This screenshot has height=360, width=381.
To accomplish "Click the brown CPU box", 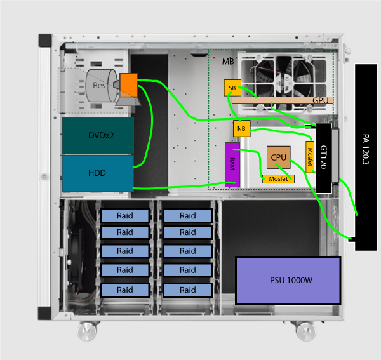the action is (x=279, y=157).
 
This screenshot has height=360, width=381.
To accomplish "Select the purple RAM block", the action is (x=232, y=164).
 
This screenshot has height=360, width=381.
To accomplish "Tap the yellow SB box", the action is (x=232, y=88).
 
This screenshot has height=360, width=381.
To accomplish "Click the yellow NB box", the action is (x=241, y=128).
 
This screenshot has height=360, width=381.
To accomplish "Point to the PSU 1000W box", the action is (x=288, y=281).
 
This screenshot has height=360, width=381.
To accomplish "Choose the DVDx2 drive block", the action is (x=98, y=136).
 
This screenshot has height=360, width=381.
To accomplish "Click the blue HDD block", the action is (x=98, y=173).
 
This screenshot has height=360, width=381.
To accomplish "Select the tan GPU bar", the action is (x=283, y=100).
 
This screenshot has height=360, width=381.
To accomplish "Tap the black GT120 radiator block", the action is (x=324, y=158).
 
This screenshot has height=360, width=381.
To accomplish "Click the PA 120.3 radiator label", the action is (x=366, y=149).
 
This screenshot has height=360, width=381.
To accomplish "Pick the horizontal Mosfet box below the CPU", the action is (x=278, y=179).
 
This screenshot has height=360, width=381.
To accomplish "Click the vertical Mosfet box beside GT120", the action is (x=310, y=157).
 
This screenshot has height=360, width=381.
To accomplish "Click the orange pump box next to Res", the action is (x=128, y=85).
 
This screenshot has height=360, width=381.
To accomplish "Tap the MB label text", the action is (x=228, y=62).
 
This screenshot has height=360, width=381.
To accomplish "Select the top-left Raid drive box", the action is (x=125, y=216).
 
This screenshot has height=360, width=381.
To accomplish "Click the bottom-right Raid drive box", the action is (x=187, y=290).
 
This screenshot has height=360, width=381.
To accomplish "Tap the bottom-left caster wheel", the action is (x=87, y=331).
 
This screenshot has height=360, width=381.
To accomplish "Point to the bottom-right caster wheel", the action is (x=306, y=331).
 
